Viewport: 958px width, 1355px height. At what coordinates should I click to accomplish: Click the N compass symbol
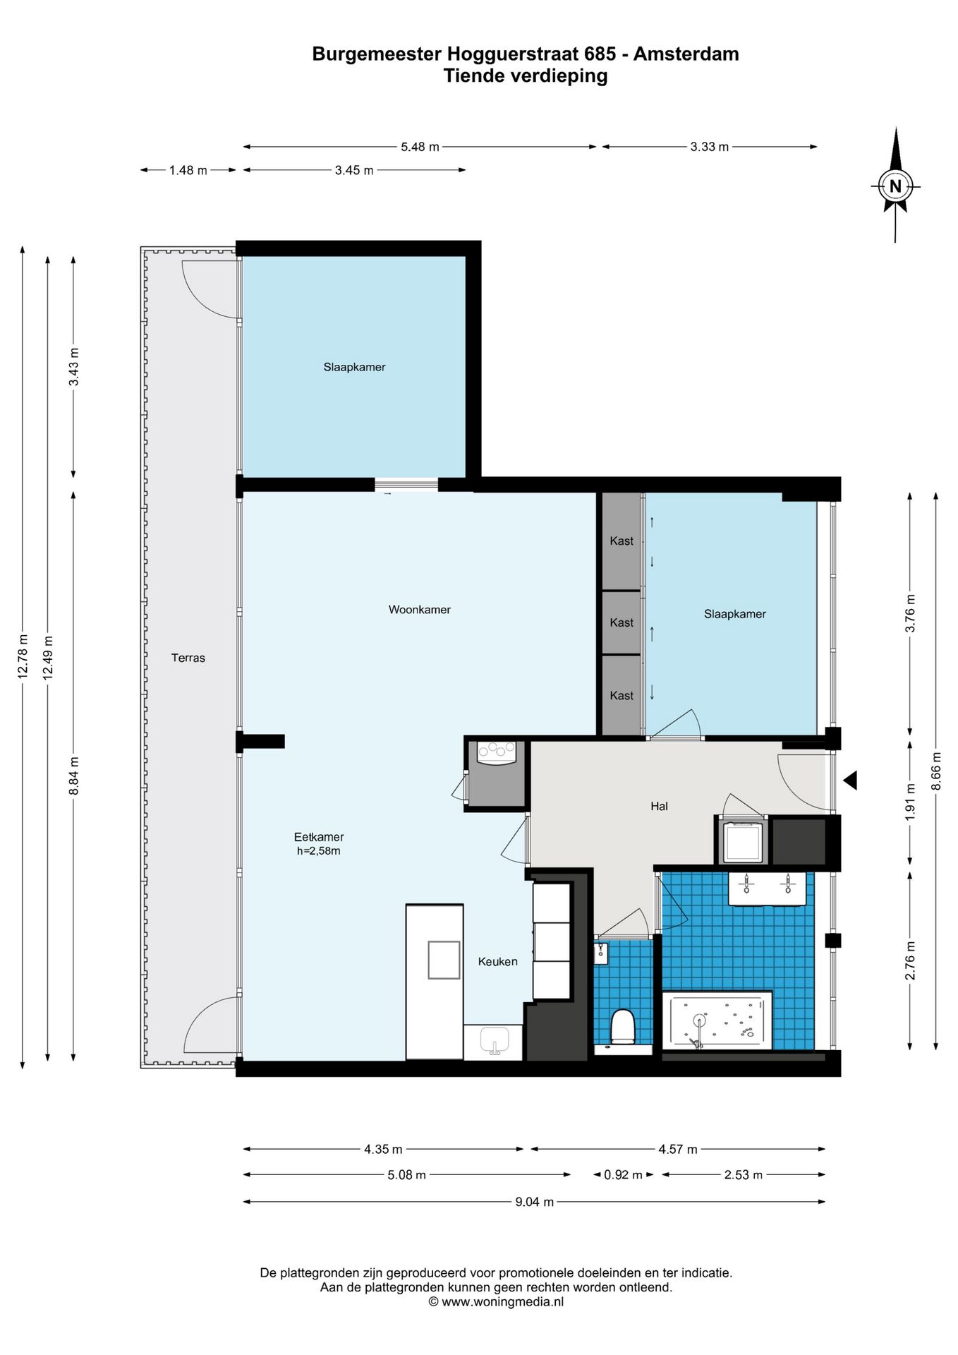click(895, 186)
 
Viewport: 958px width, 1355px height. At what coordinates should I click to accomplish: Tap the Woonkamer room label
click(419, 610)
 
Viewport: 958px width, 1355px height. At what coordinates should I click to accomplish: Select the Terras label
click(188, 658)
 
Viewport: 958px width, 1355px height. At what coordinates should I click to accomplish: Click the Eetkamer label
click(319, 837)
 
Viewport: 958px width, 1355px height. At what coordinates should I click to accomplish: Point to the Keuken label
click(497, 961)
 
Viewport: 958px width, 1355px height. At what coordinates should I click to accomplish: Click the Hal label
click(659, 806)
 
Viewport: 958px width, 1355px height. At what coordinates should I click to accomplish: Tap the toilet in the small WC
click(623, 1027)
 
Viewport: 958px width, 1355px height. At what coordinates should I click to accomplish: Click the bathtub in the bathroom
click(717, 1020)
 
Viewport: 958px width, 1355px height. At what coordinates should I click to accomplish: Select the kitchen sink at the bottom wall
click(494, 1042)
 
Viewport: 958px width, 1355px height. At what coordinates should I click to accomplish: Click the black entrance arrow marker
click(850, 781)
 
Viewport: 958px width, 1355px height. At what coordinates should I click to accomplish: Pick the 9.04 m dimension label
click(534, 1202)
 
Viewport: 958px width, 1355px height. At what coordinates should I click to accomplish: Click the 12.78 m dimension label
click(23, 657)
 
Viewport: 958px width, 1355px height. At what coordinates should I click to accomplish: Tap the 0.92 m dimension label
click(624, 1175)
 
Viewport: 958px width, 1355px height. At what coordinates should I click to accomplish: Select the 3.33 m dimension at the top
click(710, 147)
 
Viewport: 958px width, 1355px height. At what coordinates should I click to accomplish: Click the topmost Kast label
click(622, 541)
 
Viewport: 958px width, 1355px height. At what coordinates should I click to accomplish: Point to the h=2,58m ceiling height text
click(319, 851)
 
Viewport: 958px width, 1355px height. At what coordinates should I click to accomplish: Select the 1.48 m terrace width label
click(188, 170)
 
